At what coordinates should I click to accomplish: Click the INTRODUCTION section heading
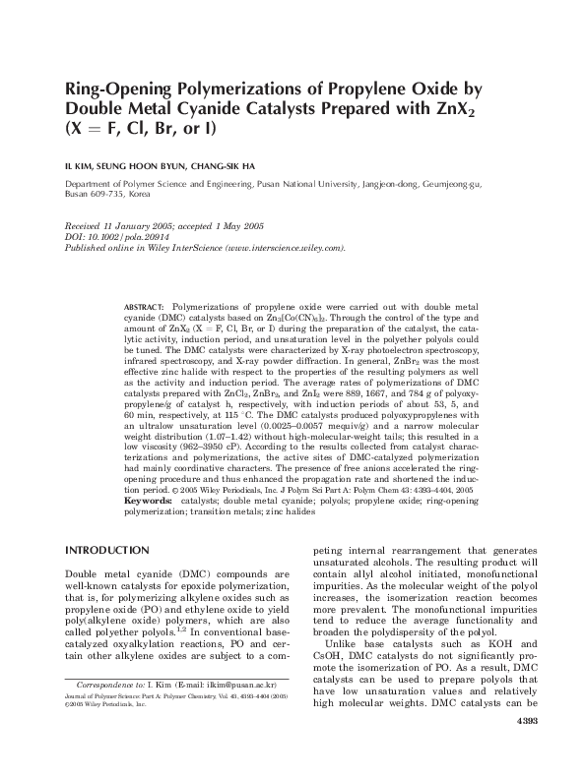107,549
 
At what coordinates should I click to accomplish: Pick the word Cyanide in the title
229,108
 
